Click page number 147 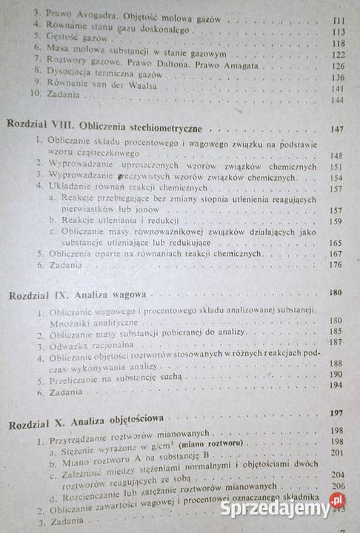tap(337, 129)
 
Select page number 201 tap(339, 452)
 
